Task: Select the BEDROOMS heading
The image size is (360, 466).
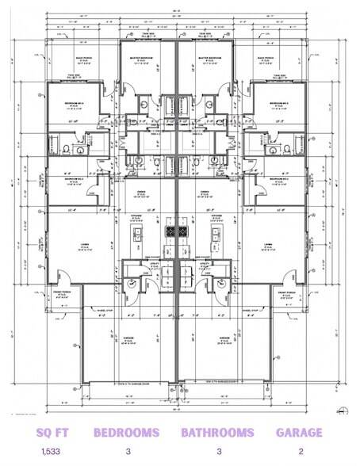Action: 127,433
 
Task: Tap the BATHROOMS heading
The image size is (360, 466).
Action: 217,433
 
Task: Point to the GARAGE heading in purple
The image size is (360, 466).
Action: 298,433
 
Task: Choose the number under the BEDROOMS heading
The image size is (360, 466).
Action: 127,453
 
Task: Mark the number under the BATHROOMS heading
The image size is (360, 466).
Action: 217,453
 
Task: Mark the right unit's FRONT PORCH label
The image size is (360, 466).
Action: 292,295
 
